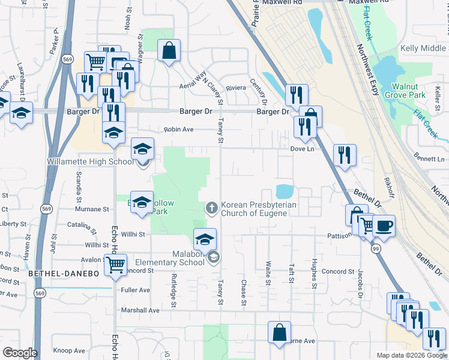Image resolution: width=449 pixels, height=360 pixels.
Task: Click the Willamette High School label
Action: coord(91,161)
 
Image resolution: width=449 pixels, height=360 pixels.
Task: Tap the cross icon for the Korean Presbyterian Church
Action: coord(211,208)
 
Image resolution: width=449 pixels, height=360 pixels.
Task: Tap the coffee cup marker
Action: coord(384,226)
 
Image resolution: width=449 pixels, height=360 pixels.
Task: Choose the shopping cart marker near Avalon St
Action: coord(115,264)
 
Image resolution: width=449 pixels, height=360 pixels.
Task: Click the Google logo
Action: coord(20,353)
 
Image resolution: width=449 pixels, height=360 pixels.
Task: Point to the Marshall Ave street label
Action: coord(142,311)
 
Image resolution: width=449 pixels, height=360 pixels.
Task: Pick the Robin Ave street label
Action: coord(179,130)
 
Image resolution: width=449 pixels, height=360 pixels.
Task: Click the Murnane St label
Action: coord(92,210)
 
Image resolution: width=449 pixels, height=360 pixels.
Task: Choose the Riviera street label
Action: coord(236,88)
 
